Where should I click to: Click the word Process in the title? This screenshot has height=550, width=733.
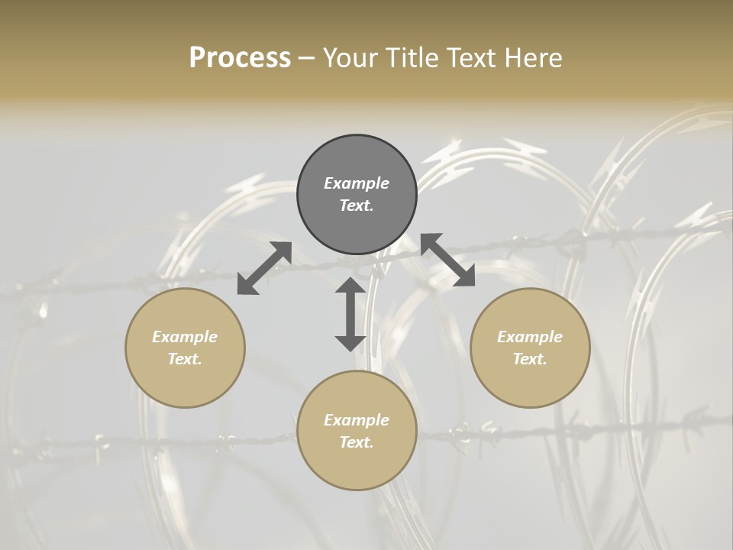point(240,58)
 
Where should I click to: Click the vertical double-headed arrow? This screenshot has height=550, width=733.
point(350,314)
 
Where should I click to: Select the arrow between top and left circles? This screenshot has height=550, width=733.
point(264,268)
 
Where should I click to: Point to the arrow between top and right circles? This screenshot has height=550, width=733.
point(447,260)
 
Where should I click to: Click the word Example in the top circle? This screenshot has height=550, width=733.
point(357,183)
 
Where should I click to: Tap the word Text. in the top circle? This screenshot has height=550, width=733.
point(357,205)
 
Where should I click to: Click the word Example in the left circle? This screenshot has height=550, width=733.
point(185,337)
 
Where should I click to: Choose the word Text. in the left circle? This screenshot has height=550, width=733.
point(185,359)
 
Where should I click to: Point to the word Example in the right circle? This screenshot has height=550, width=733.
point(530,337)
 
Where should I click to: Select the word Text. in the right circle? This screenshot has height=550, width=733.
point(530,359)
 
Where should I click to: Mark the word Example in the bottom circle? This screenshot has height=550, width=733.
point(357,420)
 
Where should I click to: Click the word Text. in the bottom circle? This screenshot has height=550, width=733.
point(357,442)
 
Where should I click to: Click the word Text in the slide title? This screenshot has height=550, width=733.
point(467,58)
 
